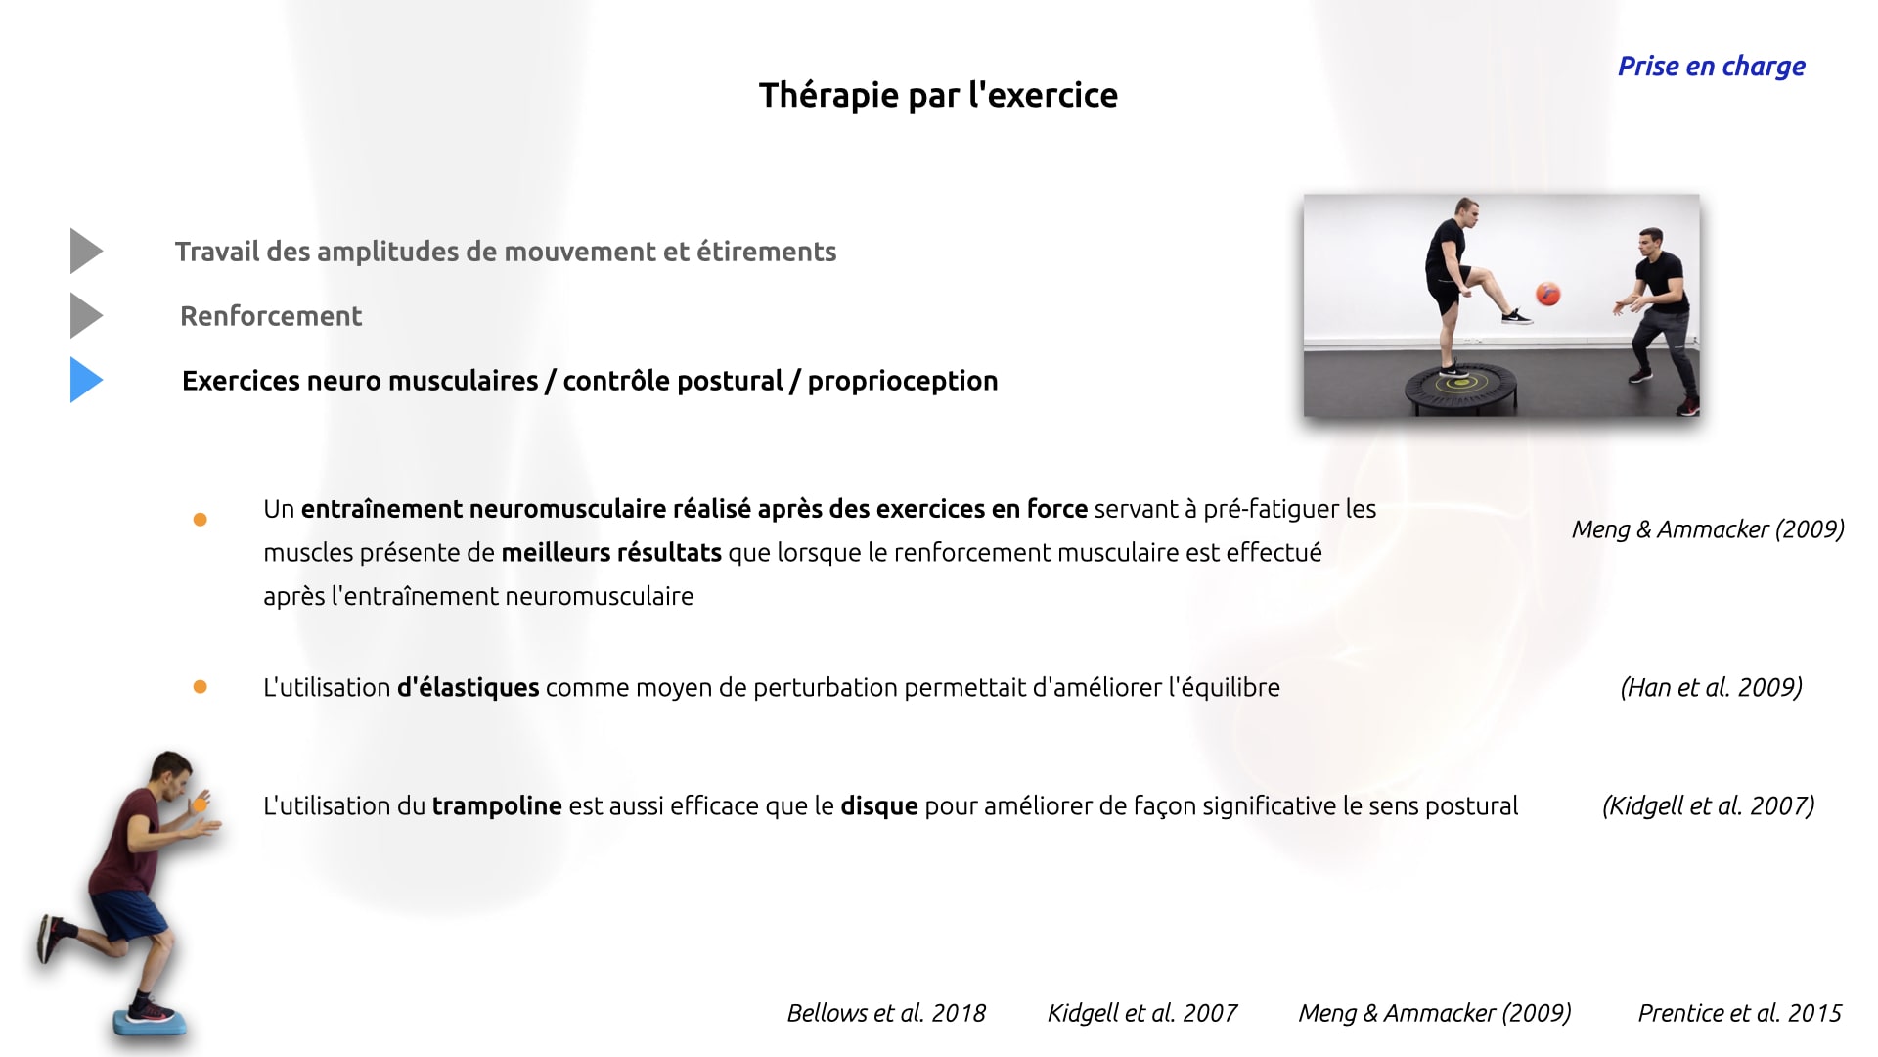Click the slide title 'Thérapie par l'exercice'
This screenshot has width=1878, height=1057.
click(938, 95)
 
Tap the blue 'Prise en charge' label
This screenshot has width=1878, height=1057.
click(1711, 67)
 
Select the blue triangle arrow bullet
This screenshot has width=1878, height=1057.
click(86, 380)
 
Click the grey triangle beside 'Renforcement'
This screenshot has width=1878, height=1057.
click(86, 315)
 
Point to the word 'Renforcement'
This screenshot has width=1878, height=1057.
click(271, 316)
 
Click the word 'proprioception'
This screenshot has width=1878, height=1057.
click(903, 382)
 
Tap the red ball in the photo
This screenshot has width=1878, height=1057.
click(1546, 293)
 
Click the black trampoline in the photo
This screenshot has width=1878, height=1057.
click(1459, 389)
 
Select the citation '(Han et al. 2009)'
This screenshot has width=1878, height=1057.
click(1711, 687)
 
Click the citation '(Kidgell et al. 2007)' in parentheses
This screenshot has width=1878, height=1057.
click(1708, 805)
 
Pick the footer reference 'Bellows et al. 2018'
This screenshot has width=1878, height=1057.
click(886, 1013)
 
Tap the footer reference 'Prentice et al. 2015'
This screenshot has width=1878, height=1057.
click(1739, 1013)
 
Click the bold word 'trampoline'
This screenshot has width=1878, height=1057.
click(497, 806)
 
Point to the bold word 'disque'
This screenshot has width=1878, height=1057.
click(879, 806)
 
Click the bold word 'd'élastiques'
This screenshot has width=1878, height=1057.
click(468, 687)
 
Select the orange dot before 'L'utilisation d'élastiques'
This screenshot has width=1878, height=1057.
click(201, 687)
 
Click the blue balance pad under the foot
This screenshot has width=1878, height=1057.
click(148, 1022)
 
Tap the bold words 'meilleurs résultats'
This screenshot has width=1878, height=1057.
click(611, 553)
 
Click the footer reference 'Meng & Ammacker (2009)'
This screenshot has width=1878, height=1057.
click(1435, 1013)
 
